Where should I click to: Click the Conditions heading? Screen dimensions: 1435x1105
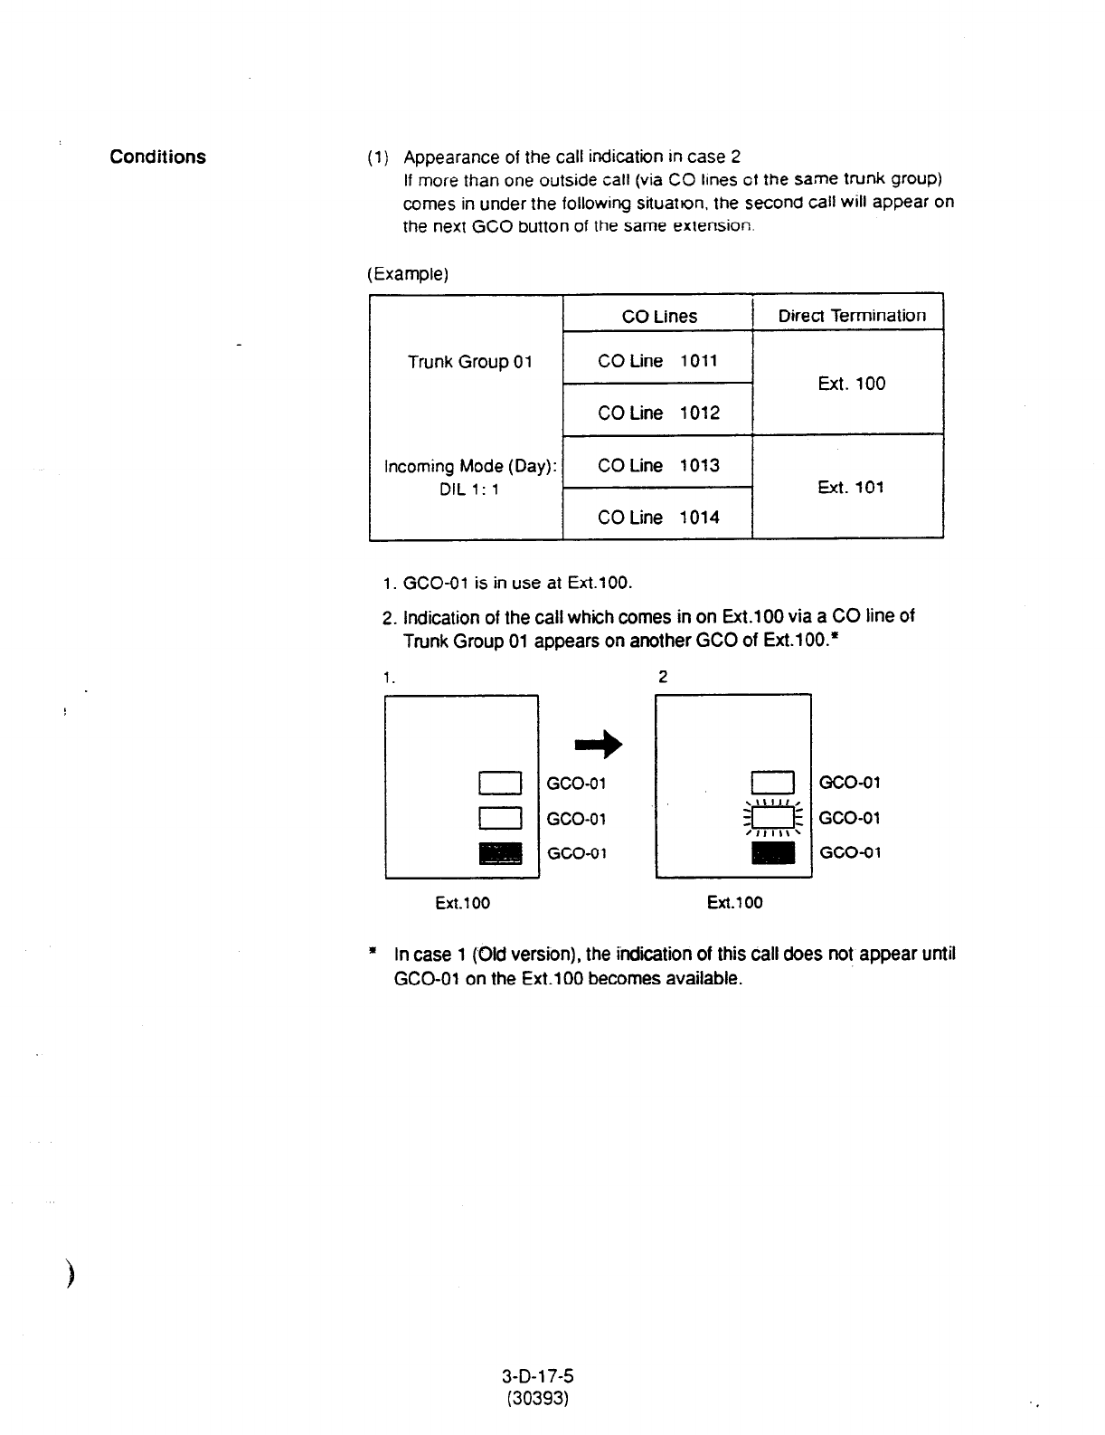(157, 157)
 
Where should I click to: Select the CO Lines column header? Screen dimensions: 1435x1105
(659, 316)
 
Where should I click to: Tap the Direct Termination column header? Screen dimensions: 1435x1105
(852, 315)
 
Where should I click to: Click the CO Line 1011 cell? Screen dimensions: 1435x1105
(657, 361)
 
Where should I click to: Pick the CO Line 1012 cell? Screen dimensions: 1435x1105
(657, 413)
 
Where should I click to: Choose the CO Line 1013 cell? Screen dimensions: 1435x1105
(657, 465)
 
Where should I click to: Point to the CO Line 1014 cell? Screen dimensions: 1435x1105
(657, 518)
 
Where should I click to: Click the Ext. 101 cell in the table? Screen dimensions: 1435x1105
(850, 487)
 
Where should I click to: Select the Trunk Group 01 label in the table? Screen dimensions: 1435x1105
(469, 362)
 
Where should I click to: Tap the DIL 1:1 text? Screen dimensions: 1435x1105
(469, 489)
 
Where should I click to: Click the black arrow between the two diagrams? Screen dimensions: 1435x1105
(600, 745)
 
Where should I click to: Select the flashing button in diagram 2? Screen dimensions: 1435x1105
(773, 818)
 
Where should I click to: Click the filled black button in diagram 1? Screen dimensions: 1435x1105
(501, 853)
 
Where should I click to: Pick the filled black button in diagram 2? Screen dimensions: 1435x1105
(773, 852)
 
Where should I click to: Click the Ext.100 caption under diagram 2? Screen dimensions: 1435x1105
(734, 902)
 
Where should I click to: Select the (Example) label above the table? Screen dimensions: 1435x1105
(408, 273)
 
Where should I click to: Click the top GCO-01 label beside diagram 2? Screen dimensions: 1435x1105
(849, 783)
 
